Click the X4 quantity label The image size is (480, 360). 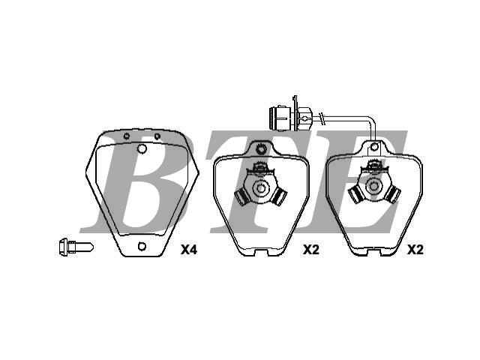[x=189, y=250]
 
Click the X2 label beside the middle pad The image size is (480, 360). [x=311, y=250]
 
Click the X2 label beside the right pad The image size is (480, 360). [x=415, y=250]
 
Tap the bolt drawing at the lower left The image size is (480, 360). [x=76, y=247]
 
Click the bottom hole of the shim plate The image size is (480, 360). [x=142, y=246]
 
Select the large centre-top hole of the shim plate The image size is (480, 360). [x=142, y=148]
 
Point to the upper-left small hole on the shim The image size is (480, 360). [x=127, y=136]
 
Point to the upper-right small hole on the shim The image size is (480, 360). [x=157, y=136]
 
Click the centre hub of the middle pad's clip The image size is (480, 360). [x=260, y=188]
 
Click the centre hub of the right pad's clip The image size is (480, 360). [x=373, y=186]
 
